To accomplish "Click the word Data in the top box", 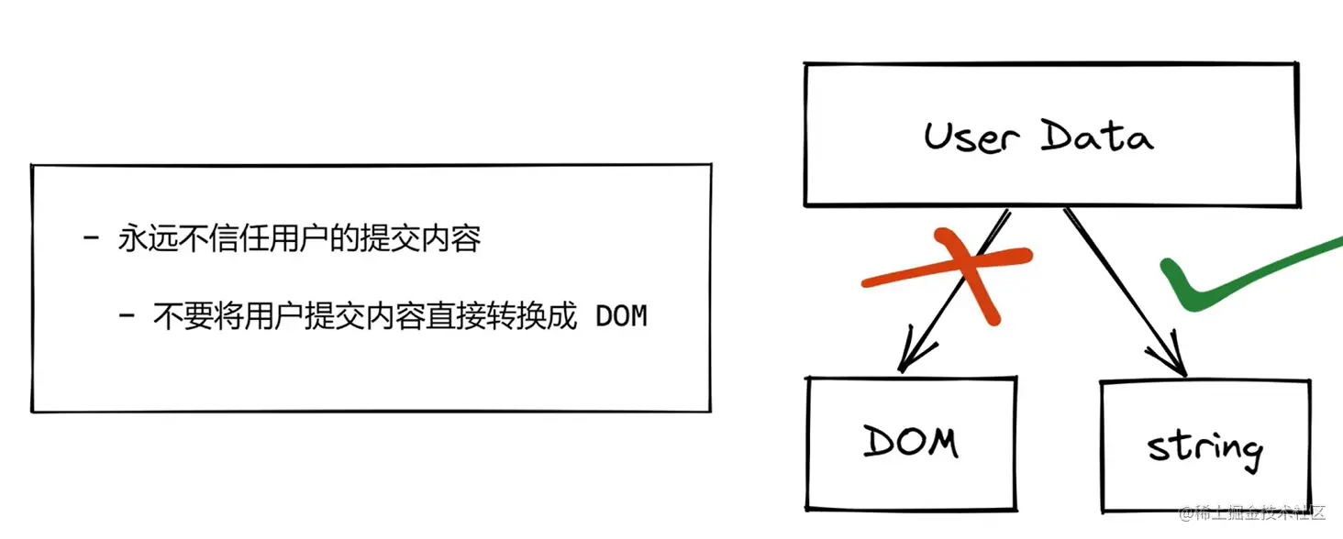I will click(x=1097, y=137).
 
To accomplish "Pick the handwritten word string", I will click(x=1204, y=446).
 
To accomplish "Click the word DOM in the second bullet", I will click(x=621, y=317).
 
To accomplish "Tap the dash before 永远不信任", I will click(x=91, y=240).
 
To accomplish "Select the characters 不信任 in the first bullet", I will click(x=213, y=240).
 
